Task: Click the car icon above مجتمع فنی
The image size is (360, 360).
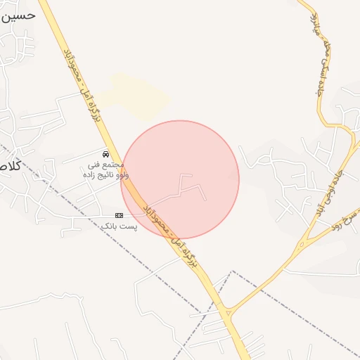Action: coord(105,153)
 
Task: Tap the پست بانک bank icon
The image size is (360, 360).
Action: coord(119,214)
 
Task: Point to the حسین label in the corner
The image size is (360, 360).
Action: coord(18,15)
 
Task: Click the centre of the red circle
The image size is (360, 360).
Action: coord(180,180)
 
